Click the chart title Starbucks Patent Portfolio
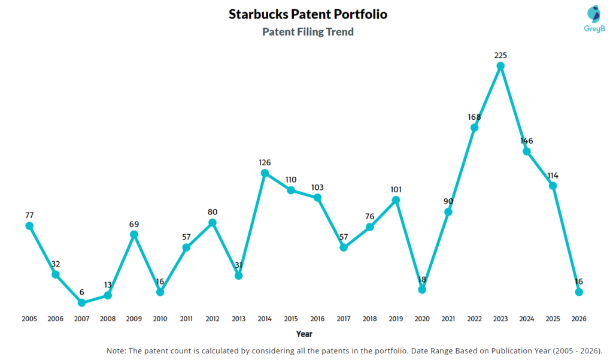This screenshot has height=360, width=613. pyautogui.click(x=308, y=14)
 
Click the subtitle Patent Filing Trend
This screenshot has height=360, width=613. pyautogui.click(x=308, y=32)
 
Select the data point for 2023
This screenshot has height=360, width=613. pyautogui.click(x=500, y=66)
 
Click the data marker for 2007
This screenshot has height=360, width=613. pyautogui.click(x=81, y=303)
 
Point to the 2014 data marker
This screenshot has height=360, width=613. pyautogui.click(x=265, y=173)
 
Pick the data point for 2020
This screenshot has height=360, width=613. pyautogui.click(x=422, y=289)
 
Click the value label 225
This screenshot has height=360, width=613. pyautogui.click(x=500, y=55)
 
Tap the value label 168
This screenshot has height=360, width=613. pyautogui.click(x=474, y=117)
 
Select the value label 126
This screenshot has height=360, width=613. pyautogui.click(x=265, y=162)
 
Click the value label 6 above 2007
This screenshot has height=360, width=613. pyautogui.click(x=81, y=292)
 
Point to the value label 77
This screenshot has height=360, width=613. pyautogui.click(x=29, y=215)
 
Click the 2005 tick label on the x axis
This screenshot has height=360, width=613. pyautogui.click(x=29, y=319)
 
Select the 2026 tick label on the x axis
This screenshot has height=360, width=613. pyautogui.click(x=579, y=319)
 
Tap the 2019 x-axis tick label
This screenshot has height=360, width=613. pyautogui.click(x=396, y=319)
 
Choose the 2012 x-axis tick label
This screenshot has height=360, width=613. pyautogui.click(x=213, y=319)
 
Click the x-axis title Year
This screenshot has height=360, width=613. pyautogui.click(x=304, y=334)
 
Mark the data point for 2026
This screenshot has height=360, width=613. pyautogui.click(x=579, y=292)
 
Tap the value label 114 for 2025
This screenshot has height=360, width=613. pyautogui.click(x=553, y=176)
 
